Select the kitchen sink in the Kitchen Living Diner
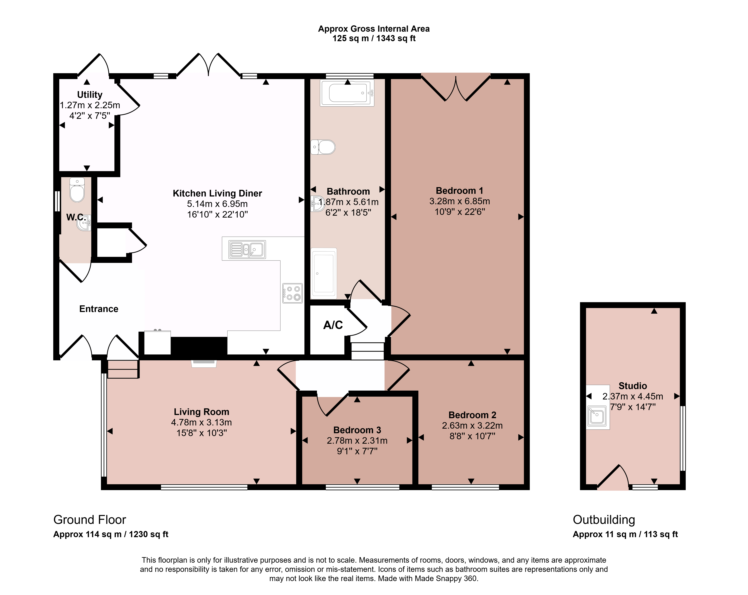click(247, 249)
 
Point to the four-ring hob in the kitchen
click(293, 293)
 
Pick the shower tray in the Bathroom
click(324, 273)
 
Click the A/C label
click(333, 325)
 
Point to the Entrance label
click(99, 309)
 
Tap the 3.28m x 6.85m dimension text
click(460, 201)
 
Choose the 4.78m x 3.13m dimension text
click(202, 422)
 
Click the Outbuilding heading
click(604, 520)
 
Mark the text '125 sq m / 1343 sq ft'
click(374, 39)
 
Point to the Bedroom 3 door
click(332, 405)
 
